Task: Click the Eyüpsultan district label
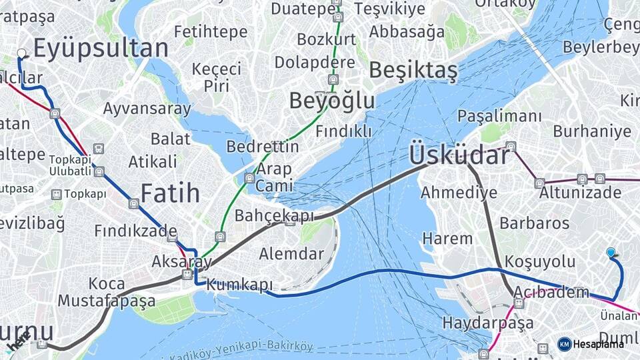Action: tap(100, 49)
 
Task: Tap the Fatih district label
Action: tap(170, 193)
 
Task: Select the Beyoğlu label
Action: tap(331, 101)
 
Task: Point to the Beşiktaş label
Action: tap(413, 70)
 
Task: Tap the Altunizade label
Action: tap(579, 193)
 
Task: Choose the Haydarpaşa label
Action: tap(488, 323)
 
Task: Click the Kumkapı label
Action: tap(240, 285)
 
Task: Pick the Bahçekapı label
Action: tap(274, 216)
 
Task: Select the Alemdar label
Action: tap(291, 253)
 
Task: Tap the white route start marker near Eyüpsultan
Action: tap(21, 53)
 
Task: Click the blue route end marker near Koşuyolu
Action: tap(611, 252)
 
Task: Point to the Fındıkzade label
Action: tap(135, 231)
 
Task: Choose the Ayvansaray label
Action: tap(147, 109)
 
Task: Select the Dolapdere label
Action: tap(315, 63)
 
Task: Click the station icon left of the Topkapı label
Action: tap(56, 194)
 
